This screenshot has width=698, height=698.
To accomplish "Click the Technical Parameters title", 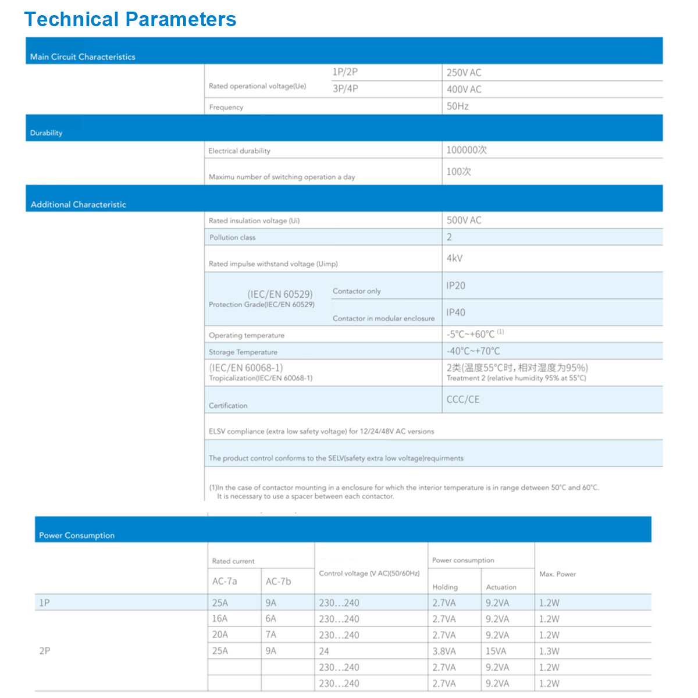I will pyautogui.click(x=130, y=19).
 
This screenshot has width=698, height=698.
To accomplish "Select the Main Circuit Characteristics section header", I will pyautogui.click(x=83, y=56).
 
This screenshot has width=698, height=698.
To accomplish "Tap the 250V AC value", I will pyautogui.click(x=464, y=73).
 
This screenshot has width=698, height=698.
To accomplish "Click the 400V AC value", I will pyautogui.click(x=464, y=90).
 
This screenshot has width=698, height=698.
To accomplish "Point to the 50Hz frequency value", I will pyautogui.click(x=457, y=106).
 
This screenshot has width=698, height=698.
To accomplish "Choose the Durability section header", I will pyautogui.click(x=47, y=133).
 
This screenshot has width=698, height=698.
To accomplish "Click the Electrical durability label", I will pyautogui.click(x=239, y=151).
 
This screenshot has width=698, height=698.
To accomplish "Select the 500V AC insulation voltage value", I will pyautogui.click(x=464, y=220).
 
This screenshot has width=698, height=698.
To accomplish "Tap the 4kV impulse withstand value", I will pyautogui.click(x=454, y=258).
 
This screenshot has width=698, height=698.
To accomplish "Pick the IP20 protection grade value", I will pyautogui.click(x=455, y=286).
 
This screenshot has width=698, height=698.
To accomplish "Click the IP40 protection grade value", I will pyautogui.click(x=455, y=312).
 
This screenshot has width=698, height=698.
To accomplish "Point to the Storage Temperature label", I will pyautogui.click(x=243, y=352).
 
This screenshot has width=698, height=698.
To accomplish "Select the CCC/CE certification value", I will pyautogui.click(x=463, y=400).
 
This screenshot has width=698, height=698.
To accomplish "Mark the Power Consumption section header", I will pyautogui.click(x=77, y=535).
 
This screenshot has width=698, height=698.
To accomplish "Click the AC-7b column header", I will pyautogui.click(x=278, y=582).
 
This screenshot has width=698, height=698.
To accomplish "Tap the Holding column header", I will pyautogui.click(x=445, y=587).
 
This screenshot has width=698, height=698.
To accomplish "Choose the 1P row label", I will pyautogui.click(x=44, y=603).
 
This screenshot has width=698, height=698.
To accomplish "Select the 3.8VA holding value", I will pyautogui.click(x=444, y=651).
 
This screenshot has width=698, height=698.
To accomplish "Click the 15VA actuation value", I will pyautogui.click(x=496, y=651).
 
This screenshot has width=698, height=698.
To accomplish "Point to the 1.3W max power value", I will pyautogui.click(x=549, y=651).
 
